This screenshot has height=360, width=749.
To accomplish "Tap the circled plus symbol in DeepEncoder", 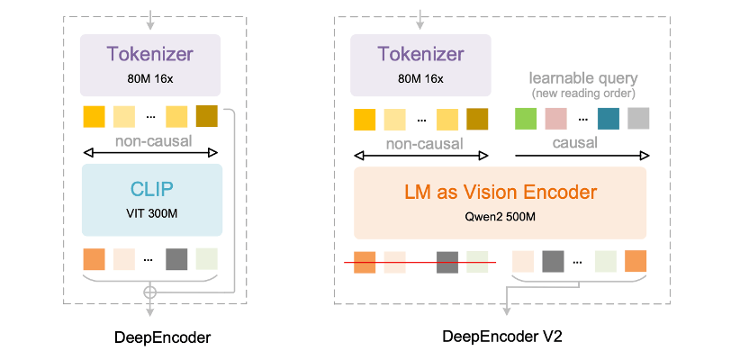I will pos(150,292).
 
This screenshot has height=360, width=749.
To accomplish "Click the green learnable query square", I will pos(525,119).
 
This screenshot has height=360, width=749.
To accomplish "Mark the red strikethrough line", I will pos(420,263).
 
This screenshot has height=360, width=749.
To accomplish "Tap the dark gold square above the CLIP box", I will pos(206,117).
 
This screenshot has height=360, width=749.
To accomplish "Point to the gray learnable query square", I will pos(638,119).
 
